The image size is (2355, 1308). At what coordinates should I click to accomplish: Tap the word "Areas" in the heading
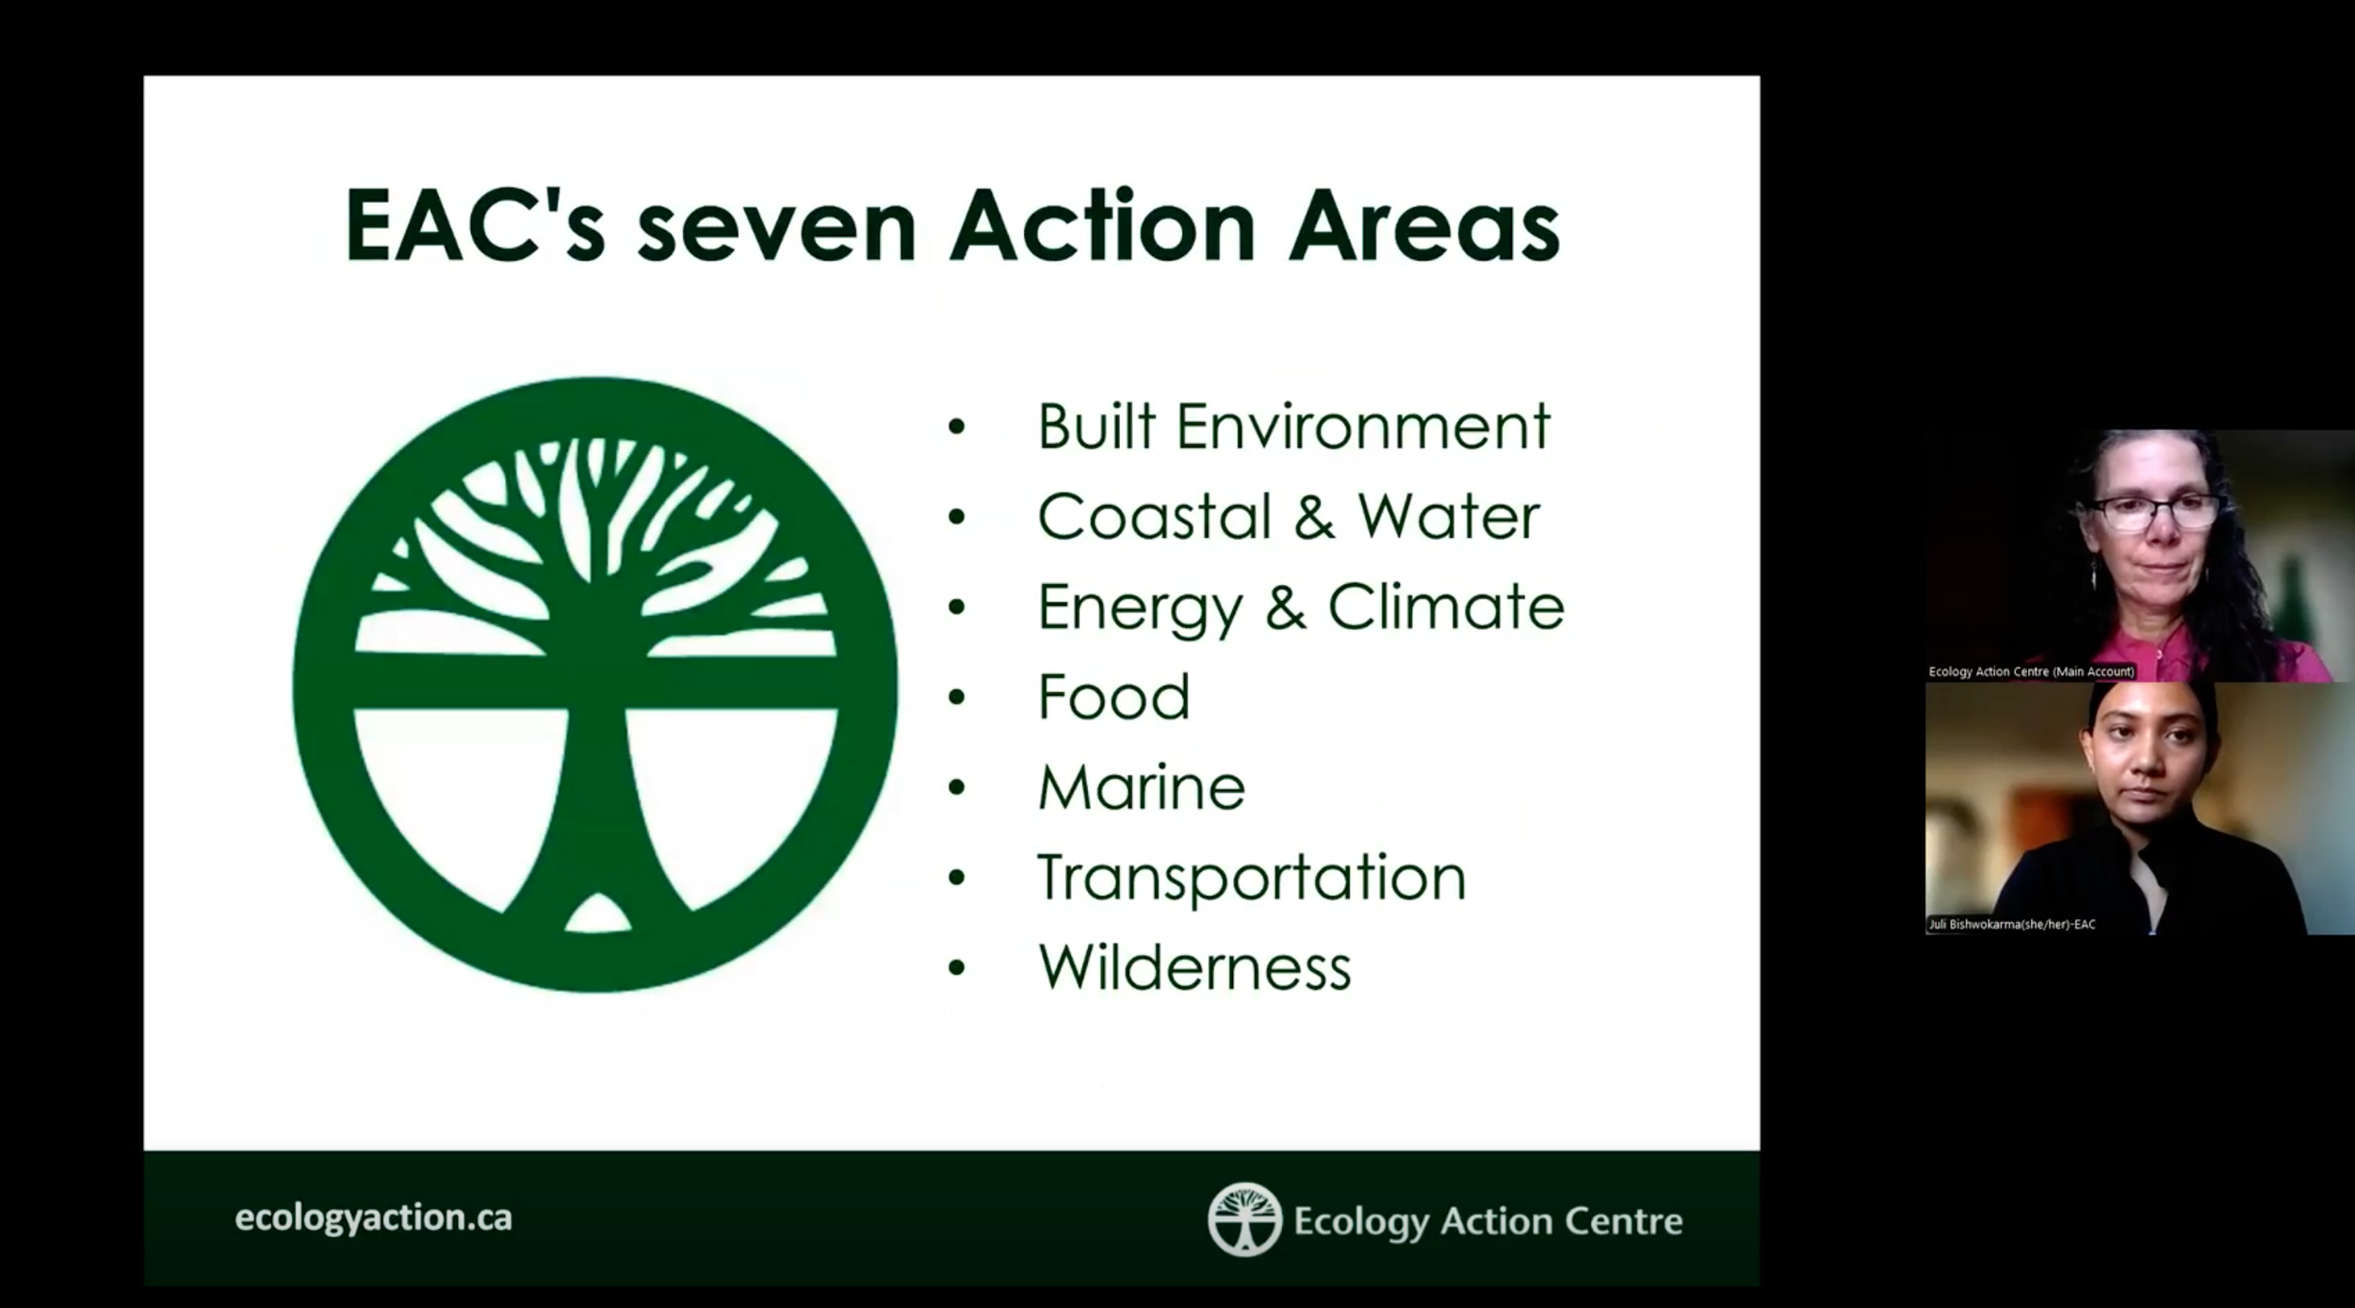tap(1423, 228)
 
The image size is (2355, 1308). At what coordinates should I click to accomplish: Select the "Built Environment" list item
tap(1293, 427)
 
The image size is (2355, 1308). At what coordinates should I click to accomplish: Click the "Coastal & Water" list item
tap(1288, 517)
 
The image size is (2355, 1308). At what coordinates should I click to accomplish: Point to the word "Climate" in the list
tap(1446, 606)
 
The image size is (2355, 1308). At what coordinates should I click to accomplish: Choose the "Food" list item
tap(1113, 697)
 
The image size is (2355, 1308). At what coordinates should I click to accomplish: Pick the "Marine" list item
tap(1141, 787)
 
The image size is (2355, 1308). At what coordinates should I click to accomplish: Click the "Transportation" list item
tap(1251, 878)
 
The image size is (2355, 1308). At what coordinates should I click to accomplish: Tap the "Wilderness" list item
tap(1194, 968)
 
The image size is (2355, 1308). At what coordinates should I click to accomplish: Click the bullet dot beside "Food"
tap(957, 698)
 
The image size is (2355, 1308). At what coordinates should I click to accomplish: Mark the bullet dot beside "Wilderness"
tap(957, 968)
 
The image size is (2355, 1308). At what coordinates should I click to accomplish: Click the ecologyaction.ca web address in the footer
tap(373, 1218)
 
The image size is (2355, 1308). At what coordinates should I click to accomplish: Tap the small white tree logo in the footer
tap(1244, 1219)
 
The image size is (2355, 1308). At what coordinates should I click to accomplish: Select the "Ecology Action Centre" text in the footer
tap(1487, 1220)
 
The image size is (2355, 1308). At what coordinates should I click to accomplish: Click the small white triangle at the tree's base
tap(597, 913)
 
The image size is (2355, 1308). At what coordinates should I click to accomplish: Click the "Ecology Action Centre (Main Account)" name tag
tap(2031, 671)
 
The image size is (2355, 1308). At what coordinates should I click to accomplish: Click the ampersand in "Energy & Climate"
tap(1285, 606)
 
